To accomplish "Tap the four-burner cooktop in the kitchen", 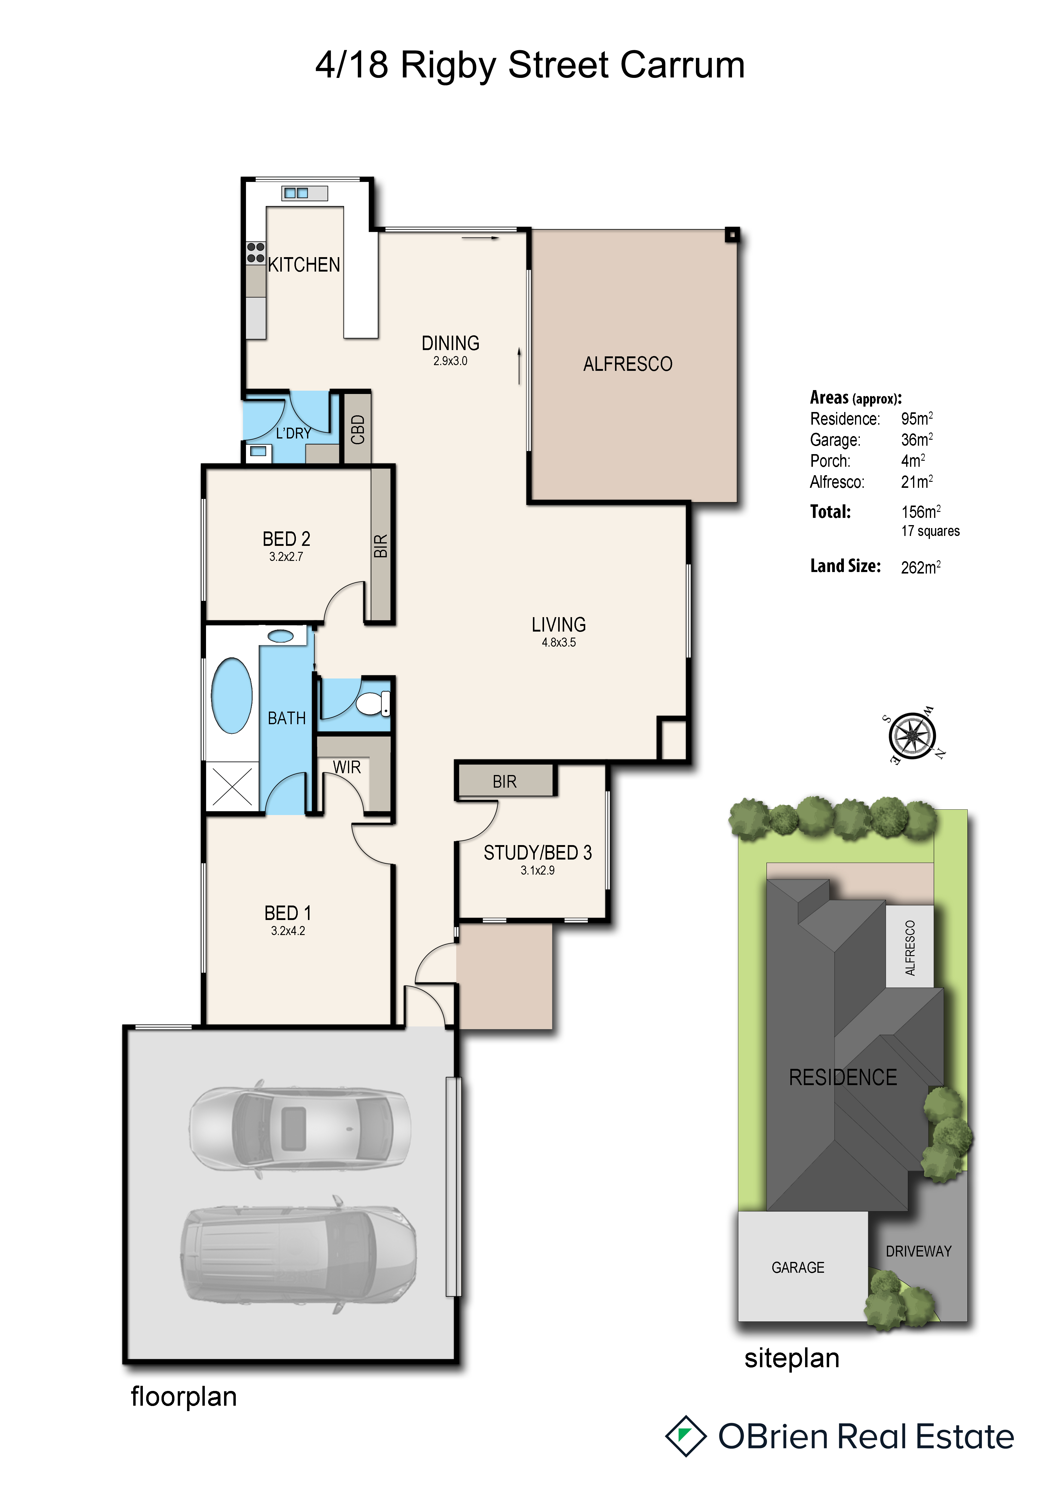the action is pyautogui.click(x=255, y=253).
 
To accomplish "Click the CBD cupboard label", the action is pyautogui.click(x=357, y=429).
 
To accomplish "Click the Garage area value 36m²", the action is pyautogui.click(x=917, y=440).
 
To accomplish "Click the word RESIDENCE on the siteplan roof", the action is pyautogui.click(x=843, y=1077).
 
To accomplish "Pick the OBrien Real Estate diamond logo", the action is pyautogui.click(x=685, y=1435).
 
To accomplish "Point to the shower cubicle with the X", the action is pyautogui.click(x=232, y=786).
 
